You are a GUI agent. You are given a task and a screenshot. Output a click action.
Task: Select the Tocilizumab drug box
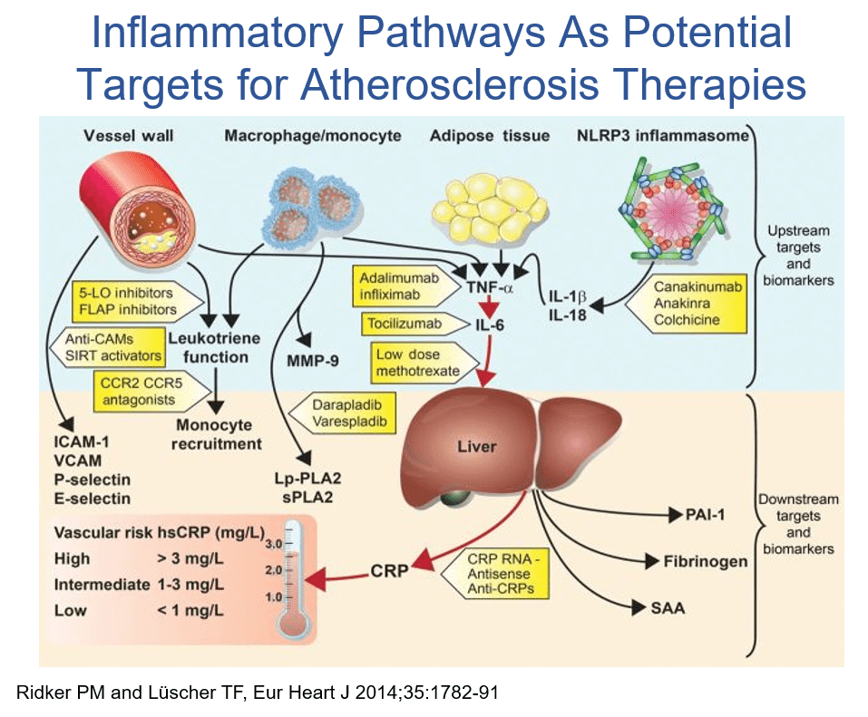pyautogui.click(x=405, y=323)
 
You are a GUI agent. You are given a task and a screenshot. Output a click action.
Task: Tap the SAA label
pyautogui.click(x=668, y=608)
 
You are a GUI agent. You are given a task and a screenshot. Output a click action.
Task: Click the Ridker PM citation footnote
pyautogui.click(x=258, y=693)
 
